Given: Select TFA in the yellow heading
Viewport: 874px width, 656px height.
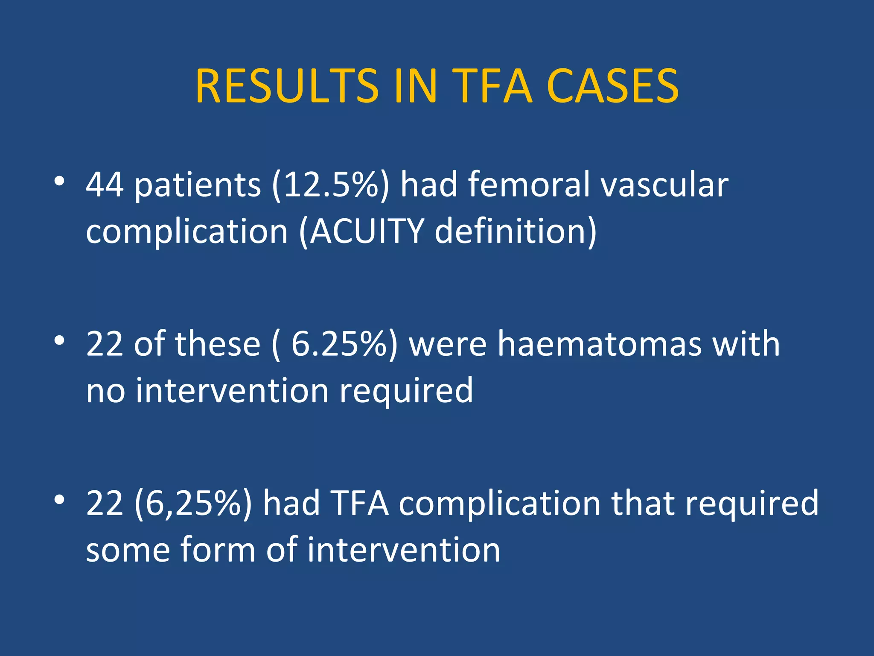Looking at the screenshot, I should coord(492,86).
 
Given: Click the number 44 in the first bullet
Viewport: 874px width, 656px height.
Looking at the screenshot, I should coord(105,184).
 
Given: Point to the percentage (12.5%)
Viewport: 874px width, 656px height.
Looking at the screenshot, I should coord(331,184).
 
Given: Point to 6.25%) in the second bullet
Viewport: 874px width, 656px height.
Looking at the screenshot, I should coord(344,344).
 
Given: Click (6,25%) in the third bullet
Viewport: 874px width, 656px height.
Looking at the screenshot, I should coord(193,503).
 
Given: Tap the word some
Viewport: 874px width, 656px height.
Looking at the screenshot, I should coord(128,550).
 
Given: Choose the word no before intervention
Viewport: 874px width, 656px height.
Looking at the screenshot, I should coord(105,390).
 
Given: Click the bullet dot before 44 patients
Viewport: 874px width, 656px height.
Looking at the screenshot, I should coord(59,182).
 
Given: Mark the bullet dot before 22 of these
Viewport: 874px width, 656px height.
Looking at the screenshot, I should coord(59,340).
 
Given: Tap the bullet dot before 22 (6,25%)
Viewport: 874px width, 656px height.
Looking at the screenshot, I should coord(59,499).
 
